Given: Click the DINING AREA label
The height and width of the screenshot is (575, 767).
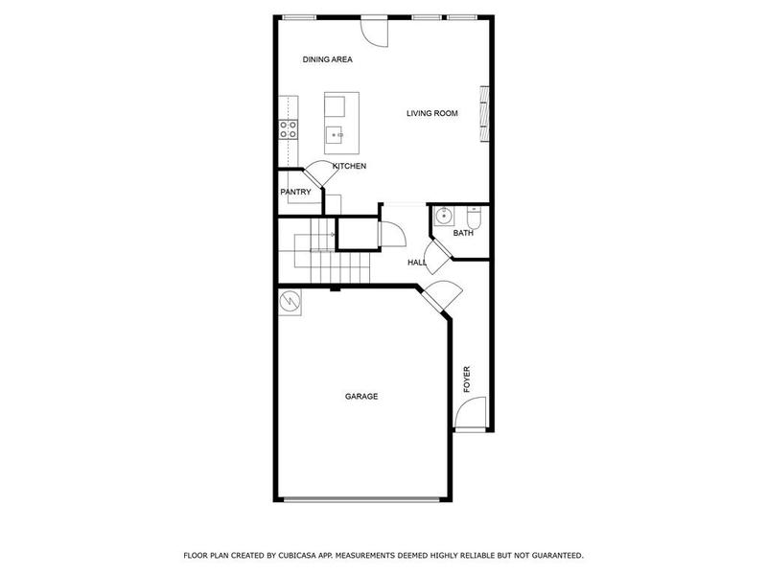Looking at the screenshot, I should (x=328, y=59).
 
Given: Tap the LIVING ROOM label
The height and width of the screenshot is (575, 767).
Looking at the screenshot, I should (x=431, y=113).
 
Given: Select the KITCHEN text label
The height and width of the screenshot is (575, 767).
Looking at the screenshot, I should (x=349, y=167).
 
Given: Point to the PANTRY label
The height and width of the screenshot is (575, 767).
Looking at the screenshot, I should (x=295, y=192).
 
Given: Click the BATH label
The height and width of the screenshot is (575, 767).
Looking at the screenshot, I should (x=463, y=233).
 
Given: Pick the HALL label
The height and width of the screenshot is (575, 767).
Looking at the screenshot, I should (x=417, y=262).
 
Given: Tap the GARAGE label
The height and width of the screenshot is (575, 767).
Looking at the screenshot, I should (x=361, y=396).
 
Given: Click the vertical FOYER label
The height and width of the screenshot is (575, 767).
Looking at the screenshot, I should (x=468, y=379).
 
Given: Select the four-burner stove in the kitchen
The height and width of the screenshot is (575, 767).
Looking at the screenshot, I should (x=288, y=128).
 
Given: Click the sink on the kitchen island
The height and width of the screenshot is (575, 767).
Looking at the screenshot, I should (x=336, y=135).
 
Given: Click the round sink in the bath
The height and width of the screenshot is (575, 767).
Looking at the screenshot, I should (x=442, y=217).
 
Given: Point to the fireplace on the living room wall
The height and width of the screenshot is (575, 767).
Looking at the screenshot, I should (x=485, y=111).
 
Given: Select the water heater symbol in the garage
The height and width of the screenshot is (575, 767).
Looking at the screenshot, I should (x=290, y=304).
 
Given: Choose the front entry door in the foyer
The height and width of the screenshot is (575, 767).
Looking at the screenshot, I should (x=468, y=415).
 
